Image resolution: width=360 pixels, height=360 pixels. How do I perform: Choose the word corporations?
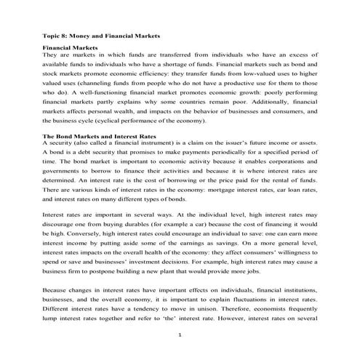tap(280, 164)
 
